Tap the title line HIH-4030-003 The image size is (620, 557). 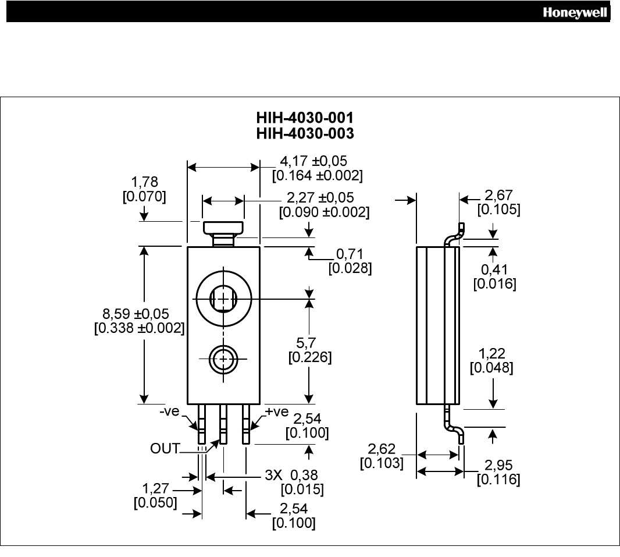(x=305, y=134)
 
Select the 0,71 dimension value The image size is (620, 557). (x=350, y=254)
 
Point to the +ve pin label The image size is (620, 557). (x=277, y=412)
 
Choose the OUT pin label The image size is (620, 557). (x=165, y=449)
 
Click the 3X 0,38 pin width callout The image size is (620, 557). (x=291, y=475)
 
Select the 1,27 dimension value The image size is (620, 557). (x=155, y=488)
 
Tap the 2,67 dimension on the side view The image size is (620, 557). (x=498, y=195)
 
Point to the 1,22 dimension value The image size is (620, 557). (x=491, y=353)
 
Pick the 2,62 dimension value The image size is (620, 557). (x=382, y=449)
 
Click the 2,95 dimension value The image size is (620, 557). (x=498, y=466)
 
